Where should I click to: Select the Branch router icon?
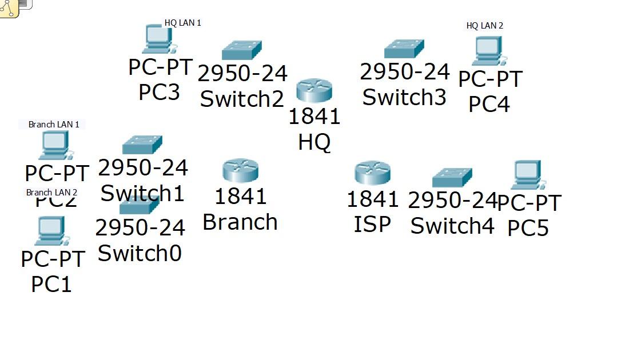(x=240, y=170)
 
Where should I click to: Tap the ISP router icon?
(x=372, y=173)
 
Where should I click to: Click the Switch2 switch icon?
(x=241, y=50)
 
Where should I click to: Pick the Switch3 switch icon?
(x=404, y=49)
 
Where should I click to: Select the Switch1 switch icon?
(x=142, y=145)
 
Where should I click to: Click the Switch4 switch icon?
(x=452, y=178)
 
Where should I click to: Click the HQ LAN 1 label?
(x=182, y=23)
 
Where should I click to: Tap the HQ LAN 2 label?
(x=484, y=26)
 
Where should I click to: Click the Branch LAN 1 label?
(x=53, y=124)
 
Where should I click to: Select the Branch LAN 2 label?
(x=51, y=192)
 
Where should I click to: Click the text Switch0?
(x=140, y=253)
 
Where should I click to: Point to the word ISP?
(x=372, y=223)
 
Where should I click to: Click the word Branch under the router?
(x=240, y=222)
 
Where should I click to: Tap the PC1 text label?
(x=51, y=283)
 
